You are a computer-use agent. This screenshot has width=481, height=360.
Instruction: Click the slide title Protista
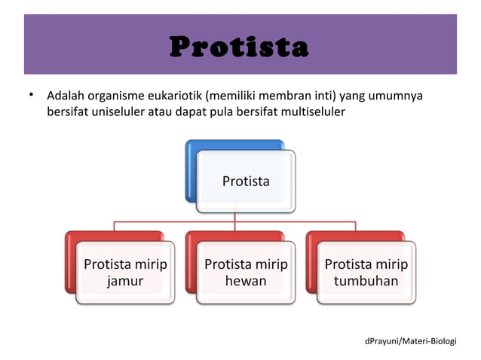240,47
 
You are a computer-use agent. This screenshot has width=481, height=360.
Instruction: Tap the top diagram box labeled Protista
246,181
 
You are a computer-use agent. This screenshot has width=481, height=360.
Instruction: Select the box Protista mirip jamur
125,272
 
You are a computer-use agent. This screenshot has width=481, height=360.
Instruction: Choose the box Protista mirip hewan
246,272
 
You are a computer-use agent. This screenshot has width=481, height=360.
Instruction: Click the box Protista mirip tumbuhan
366,272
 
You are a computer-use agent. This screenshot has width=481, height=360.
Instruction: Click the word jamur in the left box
125,281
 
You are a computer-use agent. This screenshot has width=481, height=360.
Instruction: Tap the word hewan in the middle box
246,281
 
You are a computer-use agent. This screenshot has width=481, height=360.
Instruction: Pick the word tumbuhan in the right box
366,281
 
